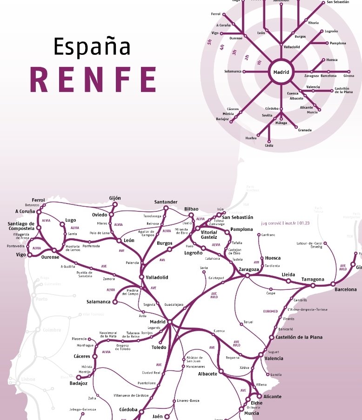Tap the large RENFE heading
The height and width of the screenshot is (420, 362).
[93, 79]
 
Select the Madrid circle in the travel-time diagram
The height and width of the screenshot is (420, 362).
[281, 72]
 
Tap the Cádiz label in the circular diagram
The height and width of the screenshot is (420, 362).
[268, 146]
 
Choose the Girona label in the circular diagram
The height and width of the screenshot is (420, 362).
[349, 76]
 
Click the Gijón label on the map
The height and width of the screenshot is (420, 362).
[114, 198]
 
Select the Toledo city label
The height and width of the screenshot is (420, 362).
[159, 348]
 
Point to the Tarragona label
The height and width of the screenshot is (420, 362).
[313, 279]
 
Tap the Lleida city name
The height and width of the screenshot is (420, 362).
[288, 275]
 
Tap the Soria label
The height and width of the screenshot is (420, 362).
[204, 268]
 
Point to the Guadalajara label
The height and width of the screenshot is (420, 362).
[174, 304]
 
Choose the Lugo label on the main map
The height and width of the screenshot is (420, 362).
[71, 220]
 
